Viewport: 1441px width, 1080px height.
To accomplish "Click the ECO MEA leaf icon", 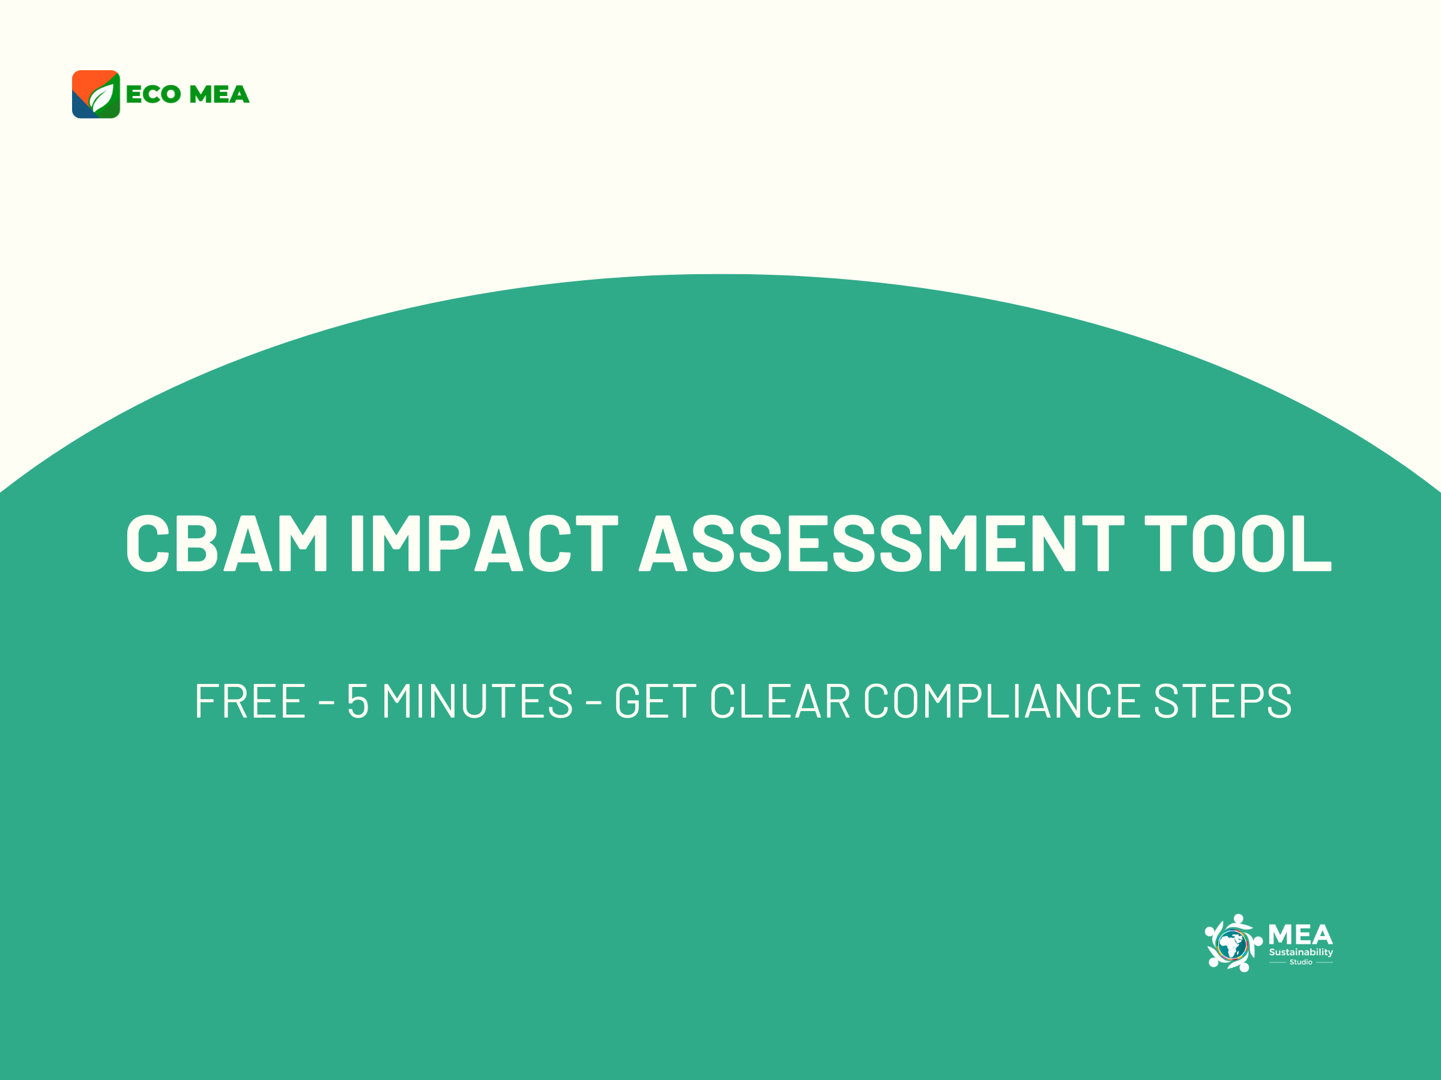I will pyautogui.click(x=95, y=94).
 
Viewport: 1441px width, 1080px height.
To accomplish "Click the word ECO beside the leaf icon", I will pyautogui.click(x=153, y=94).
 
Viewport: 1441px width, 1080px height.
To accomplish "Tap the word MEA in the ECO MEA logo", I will pyautogui.click(x=219, y=94).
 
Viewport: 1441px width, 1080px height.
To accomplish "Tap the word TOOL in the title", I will pyautogui.click(x=1237, y=544).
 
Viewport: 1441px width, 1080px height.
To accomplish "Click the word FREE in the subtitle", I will pyautogui.click(x=250, y=701).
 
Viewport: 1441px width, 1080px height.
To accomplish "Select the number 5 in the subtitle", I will pyautogui.click(x=358, y=701).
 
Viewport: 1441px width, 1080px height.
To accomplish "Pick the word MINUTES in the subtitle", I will pyautogui.click(x=477, y=701).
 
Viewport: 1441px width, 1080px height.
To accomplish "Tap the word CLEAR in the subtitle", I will pyautogui.click(x=780, y=701).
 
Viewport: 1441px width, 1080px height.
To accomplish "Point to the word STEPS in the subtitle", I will pyautogui.click(x=1223, y=701).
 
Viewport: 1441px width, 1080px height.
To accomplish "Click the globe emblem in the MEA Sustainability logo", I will pyautogui.click(x=1233, y=944).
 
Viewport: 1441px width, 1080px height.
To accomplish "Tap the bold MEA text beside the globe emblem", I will pyautogui.click(x=1301, y=935).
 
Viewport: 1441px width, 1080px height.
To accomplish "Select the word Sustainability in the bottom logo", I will pyautogui.click(x=1301, y=952).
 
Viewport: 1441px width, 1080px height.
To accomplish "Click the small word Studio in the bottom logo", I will pyautogui.click(x=1301, y=962).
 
